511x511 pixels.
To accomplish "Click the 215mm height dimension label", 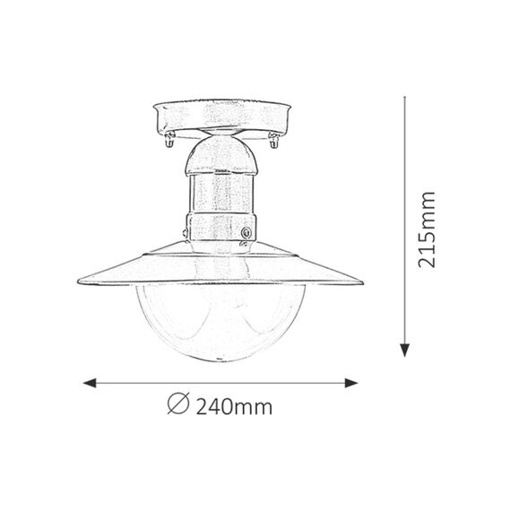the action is click(x=427, y=230).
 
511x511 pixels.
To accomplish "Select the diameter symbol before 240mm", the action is click(x=178, y=403).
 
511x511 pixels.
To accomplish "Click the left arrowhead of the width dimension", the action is click(x=90, y=384).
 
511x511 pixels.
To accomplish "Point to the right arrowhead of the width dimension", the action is click(x=351, y=384).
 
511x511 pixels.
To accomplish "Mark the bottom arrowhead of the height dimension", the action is click(x=404, y=350).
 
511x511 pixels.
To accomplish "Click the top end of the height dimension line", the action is click(x=404, y=97).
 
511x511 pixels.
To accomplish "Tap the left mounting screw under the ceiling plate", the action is click(x=169, y=140).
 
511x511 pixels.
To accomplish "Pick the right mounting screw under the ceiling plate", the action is click(x=273, y=140).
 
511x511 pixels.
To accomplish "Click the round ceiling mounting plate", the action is click(x=221, y=118).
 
